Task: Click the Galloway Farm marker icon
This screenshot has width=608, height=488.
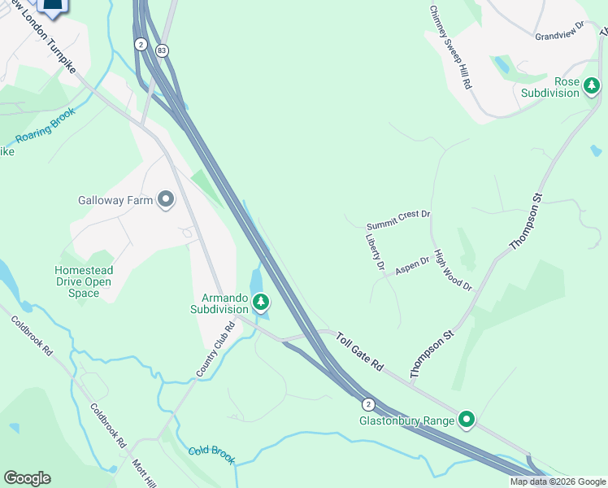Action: pyautogui.click(x=167, y=199)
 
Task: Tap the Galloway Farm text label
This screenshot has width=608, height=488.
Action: pyautogui.click(x=115, y=200)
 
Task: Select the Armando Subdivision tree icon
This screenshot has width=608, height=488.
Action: pyautogui.click(x=261, y=303)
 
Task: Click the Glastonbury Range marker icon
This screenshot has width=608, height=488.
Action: pyautogui.click(x=467, y=420)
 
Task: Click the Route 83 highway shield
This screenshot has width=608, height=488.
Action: pyautogui.click(x=163, y=50)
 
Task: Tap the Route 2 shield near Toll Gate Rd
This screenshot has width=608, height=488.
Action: pyautogui.click(x=368, y=403)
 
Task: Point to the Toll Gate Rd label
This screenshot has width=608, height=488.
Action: pyautogui.click(x=358, y=351)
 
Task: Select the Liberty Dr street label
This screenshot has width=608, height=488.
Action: pyautogui.click(x=375, y=253)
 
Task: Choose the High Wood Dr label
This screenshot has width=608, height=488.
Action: pyautogui.click(x=453, y=270)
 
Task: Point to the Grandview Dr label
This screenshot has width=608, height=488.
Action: pyautogui.click(x=560, y=32)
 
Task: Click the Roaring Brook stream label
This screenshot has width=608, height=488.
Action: pyautogui.click(x=46, y=127)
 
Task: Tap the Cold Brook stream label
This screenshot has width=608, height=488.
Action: pyautogui.click(x=211, y=455)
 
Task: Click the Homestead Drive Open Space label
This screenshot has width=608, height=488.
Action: pyautogui.click(x=84, y=281)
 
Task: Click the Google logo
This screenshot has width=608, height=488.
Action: pyautogui.click(x=27, y=478)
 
